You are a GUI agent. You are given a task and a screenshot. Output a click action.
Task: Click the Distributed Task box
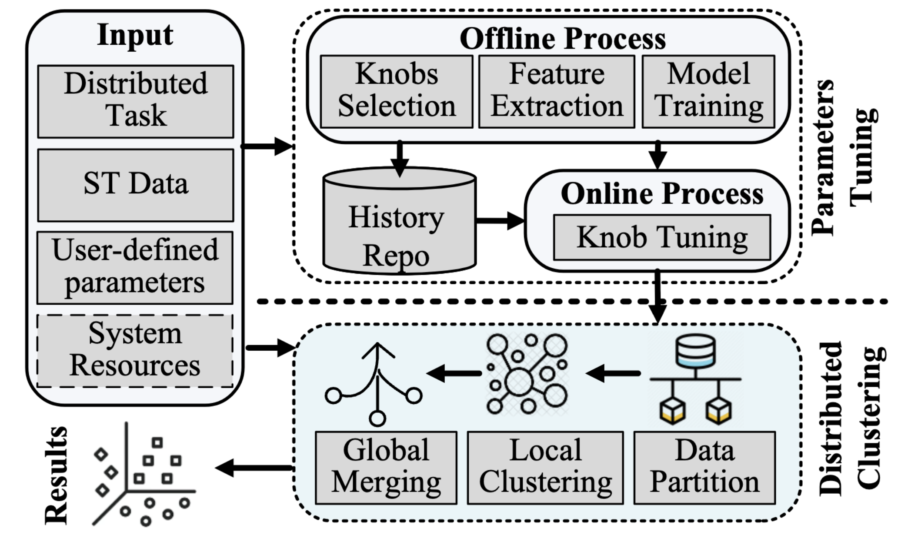click(136, 101)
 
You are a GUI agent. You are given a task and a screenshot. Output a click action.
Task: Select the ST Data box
click(136, 185)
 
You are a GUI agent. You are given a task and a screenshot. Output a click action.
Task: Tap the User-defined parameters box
click(135, 267)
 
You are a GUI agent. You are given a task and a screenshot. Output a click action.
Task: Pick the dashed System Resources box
click(135, 350)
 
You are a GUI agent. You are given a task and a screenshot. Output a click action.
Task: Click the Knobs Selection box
click(397, 91)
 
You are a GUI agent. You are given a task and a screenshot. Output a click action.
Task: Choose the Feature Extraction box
click(557, 91)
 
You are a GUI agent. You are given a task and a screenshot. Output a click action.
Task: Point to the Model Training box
click(708, 91)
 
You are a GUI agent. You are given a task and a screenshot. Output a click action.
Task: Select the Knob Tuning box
click(662, 237)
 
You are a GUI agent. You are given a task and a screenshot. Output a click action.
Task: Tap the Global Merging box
click(386, 468)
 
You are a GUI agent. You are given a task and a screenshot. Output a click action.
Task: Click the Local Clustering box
click(545, 468)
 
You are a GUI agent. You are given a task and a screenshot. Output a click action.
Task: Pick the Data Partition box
click(704, 468)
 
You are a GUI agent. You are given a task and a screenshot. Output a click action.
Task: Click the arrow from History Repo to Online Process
click(500, 220)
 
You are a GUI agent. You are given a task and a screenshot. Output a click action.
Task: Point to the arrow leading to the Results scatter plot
click(254, 468)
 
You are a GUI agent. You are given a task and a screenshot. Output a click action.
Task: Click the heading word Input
click(135, 35)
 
